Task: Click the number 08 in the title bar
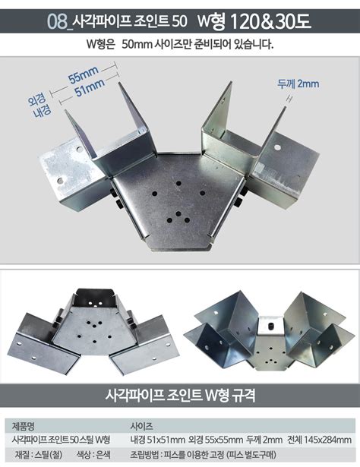point(56,21)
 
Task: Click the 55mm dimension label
point(84,77)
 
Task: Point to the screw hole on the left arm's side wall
point(62,181)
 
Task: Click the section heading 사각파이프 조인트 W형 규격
point(179,395)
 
